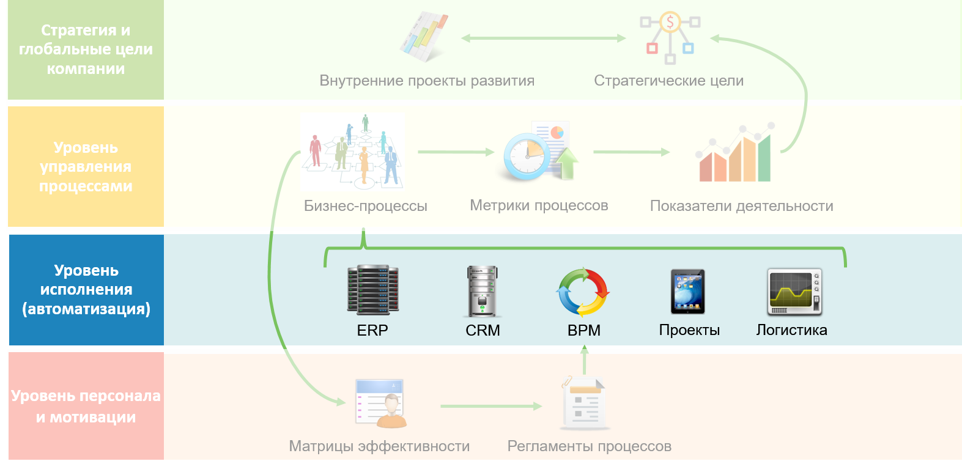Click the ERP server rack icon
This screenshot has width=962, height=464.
(372, 290)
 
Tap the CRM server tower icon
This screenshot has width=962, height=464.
(483, 292)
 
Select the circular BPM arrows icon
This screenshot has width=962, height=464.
(583, 292)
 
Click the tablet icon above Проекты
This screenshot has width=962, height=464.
(688, 292)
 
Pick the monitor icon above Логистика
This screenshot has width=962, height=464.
(794, 292)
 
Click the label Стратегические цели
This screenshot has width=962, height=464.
(668, 81)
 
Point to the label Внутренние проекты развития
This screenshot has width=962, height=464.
(427, 81)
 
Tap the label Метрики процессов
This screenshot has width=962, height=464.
(539, 205)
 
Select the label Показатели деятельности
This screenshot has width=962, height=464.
(741, 206)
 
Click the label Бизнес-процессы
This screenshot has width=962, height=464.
(366, 206)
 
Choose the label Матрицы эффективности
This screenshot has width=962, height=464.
(379, 446)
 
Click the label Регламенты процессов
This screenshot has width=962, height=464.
(589, 446)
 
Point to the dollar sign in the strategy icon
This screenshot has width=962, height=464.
(670, 23)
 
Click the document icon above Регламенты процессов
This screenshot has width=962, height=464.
(584, 403)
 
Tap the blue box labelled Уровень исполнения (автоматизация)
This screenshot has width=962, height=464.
(86, 290)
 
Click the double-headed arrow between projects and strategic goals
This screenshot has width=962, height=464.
(543, 38)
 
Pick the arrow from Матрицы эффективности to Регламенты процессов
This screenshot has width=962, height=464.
(490, 406)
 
